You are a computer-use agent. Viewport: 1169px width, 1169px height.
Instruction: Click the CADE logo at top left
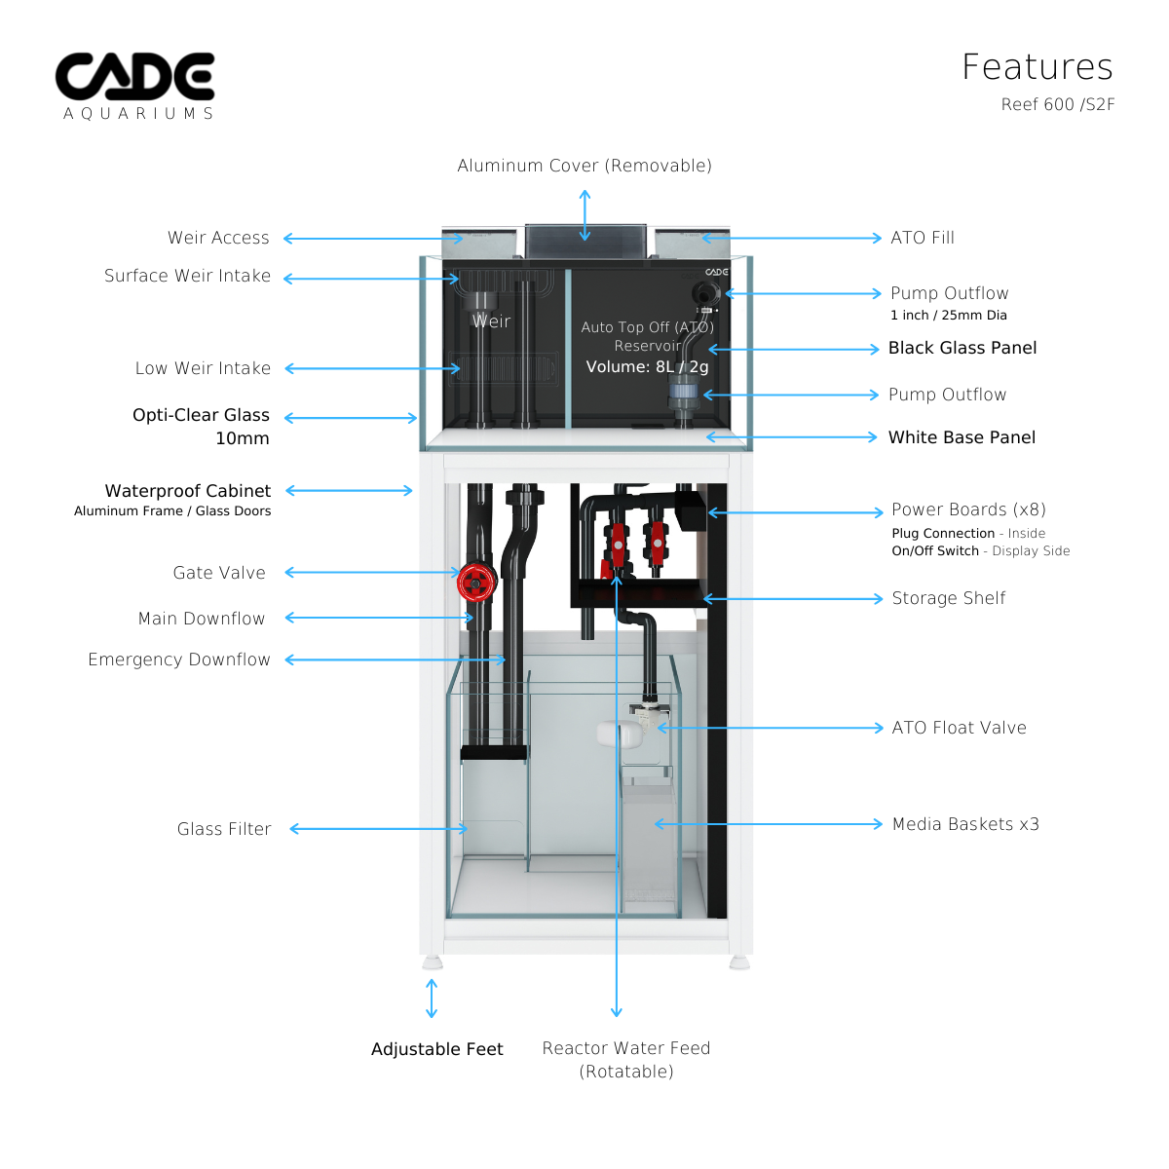(135, 78)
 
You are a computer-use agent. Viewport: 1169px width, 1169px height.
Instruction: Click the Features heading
(1037, 67)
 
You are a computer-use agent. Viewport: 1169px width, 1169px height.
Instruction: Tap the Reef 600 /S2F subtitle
(1057, 104)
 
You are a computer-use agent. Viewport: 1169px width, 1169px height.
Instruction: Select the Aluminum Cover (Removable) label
(584, 166)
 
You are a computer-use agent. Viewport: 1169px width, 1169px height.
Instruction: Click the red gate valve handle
(475, 583)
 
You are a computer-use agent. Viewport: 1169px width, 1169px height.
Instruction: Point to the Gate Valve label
(219, 573)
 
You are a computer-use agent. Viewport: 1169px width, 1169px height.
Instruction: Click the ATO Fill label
(923, 238)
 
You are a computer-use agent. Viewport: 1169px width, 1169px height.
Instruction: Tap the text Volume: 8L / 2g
(647, 367)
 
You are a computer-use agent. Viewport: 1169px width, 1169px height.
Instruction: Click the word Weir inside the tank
(491, 321)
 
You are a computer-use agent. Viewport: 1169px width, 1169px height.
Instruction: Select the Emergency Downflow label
(179, 660)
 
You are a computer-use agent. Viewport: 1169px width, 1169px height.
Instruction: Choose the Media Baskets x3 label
(965, 824)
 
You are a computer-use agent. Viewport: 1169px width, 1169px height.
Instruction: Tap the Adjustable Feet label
(436, 1049)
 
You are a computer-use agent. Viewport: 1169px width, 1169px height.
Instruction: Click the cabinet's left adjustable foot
(433, 962)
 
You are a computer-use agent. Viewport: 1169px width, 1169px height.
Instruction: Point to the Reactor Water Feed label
(626, 1049)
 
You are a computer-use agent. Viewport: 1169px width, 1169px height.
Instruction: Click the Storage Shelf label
(949, 598)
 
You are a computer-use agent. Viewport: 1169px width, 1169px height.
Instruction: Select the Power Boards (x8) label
(968, 509)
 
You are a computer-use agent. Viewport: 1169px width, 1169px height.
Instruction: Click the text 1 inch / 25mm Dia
(949, 316)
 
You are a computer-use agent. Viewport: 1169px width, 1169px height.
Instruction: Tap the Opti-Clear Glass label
(201, 415)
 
